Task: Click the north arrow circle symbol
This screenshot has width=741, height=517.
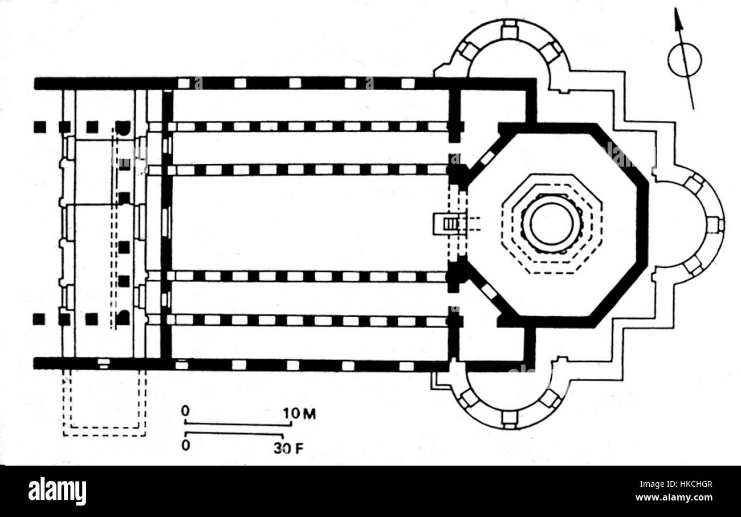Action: pos(684,60)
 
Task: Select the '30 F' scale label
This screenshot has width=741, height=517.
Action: pos(288,448)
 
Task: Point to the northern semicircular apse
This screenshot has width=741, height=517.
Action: pos(508,54)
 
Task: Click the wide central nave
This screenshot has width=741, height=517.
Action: pos(308,223)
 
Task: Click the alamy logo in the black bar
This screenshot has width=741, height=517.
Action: pos(57,491)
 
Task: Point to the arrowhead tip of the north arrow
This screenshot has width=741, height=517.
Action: pos(677,10)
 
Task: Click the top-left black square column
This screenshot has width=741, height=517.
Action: pos(39,127)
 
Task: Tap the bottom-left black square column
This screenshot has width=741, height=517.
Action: pos(39,319)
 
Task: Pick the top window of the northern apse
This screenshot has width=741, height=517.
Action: pos(509,29)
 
